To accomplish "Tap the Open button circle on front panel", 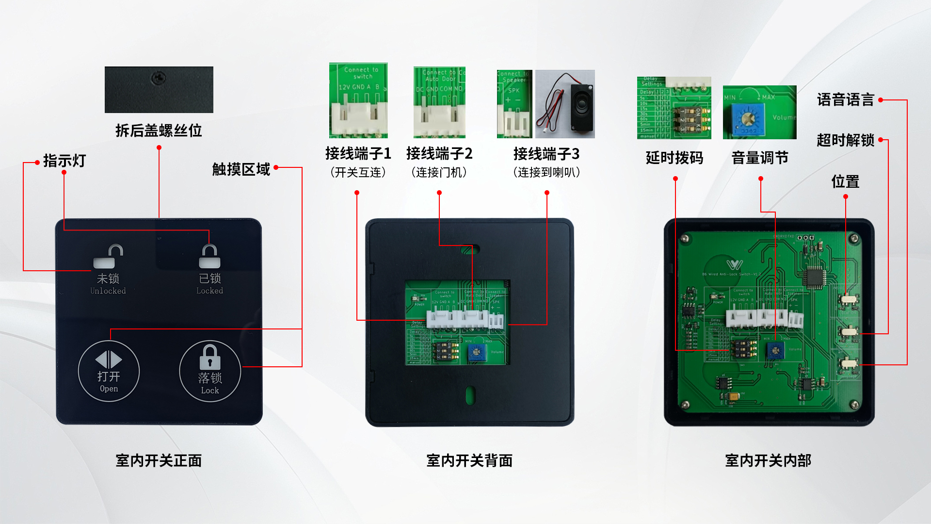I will [x=109, y=371].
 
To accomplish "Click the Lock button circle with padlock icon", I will [x=210, y=371].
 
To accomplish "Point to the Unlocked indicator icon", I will [x=109, y=257].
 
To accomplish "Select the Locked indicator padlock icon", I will [x=209, y=257].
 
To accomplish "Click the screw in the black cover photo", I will [x=159, y=78].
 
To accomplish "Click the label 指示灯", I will [x=64, y=161].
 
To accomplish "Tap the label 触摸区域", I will [x=241, y=169].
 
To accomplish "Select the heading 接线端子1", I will [x=358, y=154].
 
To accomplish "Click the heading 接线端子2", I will [x=439, y=154].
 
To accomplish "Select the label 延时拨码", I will [x=674, y=158].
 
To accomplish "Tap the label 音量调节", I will [x=760, y=158].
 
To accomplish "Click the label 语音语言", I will [x=845, y=100].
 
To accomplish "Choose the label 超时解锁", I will [x=845, y=140].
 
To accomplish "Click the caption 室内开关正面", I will [x=159, y=460].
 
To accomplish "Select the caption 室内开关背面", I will [x=469, y=460].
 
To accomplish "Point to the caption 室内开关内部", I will [x=768, y=460].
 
